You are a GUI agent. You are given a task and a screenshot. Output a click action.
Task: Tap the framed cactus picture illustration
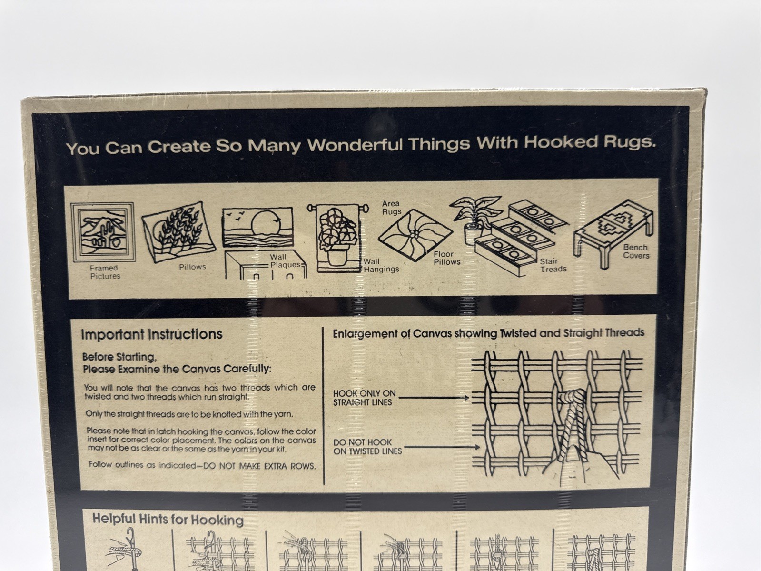pyautogui.click(x=102, y=232)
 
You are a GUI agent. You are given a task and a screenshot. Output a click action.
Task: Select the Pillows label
pyautogui.click(x=192, y=267)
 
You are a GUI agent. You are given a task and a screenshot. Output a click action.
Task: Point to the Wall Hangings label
pyautogui.click(x=381, y=265)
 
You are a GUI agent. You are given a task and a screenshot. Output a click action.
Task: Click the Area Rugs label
pyautogui.click(x=391, y=208)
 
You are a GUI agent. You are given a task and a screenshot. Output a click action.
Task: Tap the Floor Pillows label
pyautogui.click(x=447, y=258)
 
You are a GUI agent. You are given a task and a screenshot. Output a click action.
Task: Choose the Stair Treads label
pyautogui.click(x=553, y=265)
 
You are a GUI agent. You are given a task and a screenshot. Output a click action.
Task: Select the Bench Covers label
pyautogui.click(x=636, y=251)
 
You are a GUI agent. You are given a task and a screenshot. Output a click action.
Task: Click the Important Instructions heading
pyautogui.click(x=151, y=334)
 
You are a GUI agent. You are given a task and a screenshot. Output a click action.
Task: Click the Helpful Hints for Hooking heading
pyautogui.click(x=168, y=519)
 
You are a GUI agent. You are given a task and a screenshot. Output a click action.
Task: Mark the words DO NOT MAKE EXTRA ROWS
pyautogui.click(x=259, y=466)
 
